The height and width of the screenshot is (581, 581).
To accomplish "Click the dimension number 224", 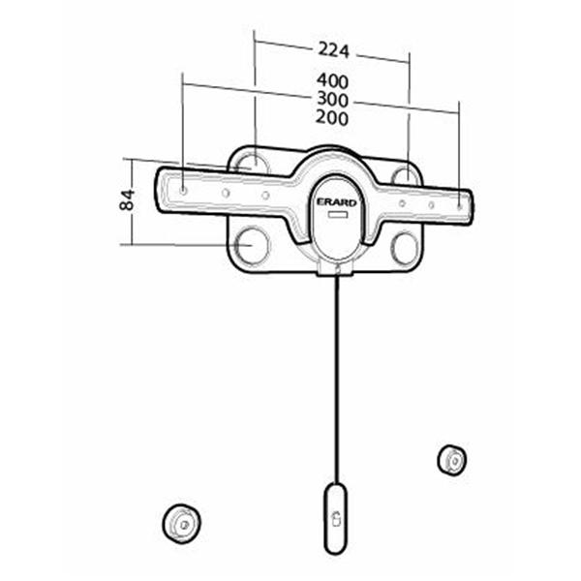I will click(x=332, y=49).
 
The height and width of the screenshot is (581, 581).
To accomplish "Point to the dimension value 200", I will click(x=332, y=117).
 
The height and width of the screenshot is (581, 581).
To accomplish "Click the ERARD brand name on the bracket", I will click(x=337, y=201).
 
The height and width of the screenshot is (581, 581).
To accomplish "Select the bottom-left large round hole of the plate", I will click(x=251, y=244).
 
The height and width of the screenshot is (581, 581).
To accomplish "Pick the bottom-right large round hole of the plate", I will click(x=405, y=248).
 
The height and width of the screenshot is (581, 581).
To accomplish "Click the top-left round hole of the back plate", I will click(x=248, y=161).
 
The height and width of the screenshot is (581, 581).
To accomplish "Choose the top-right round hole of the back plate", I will click(x=406, y=174).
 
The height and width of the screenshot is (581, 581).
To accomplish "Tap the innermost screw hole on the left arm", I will click(x=265, y=195).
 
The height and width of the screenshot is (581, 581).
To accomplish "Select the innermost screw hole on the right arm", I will click(x=401, y=202).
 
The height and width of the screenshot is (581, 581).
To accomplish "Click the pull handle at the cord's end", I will click(x=335, y=517).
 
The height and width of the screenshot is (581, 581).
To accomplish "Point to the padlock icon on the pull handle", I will click(x=335, y=517).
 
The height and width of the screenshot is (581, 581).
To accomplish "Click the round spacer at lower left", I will click(x=180, y=523).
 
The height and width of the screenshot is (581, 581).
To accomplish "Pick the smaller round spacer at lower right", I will click(x=451, y=459).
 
